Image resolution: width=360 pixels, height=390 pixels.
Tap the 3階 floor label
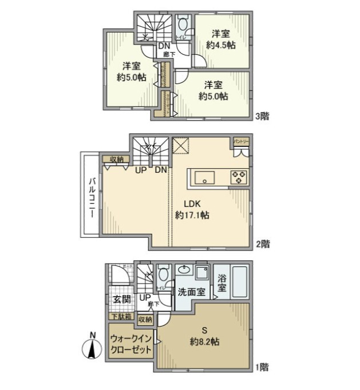point(262,116)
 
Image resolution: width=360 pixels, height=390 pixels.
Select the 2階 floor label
point(262,244)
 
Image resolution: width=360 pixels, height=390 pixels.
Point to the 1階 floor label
point(262,367)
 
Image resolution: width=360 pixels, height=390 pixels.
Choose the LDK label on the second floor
point(192,204)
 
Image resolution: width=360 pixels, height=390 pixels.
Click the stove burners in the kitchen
point(238,176)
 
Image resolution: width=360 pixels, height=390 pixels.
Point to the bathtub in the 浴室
point(239,281)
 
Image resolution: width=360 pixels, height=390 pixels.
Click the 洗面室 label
point(191,291)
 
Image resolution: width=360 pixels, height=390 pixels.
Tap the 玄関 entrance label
point(121,299)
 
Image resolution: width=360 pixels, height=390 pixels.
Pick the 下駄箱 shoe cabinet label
point(120,316)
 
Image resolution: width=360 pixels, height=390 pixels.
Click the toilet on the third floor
point(183,26)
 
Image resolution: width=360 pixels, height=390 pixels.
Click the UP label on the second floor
point(140,170)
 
